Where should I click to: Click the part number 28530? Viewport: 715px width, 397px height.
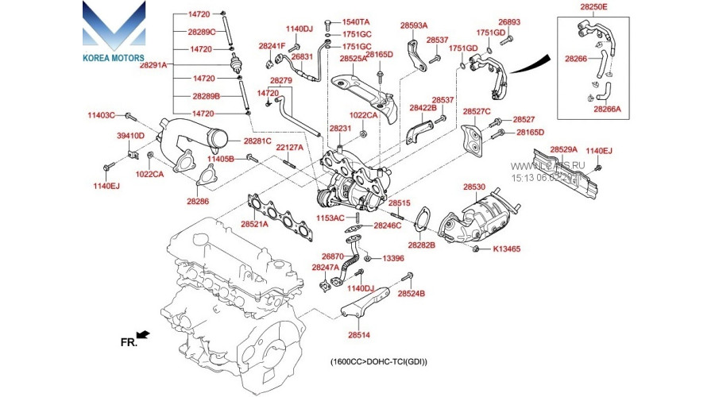pos(474,187)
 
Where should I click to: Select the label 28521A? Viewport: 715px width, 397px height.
pos(255,224)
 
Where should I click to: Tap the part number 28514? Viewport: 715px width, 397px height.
pos(358,336)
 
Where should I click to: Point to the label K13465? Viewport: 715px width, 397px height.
pos(506,249)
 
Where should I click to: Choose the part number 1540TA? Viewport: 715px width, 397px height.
pos(355,21)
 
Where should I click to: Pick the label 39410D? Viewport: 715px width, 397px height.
pos(131,136)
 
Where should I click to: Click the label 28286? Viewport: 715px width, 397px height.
pos(198,202)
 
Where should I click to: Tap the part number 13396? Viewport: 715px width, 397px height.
pos(393,258)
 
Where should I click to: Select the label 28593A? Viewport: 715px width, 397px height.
pos(414,25)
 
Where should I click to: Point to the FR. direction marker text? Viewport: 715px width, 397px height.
pos(129,342)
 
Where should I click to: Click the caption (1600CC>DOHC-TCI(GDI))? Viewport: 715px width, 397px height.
pos(379,362)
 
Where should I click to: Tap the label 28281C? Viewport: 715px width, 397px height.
pos(257,141)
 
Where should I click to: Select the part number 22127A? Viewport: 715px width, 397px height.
pos(290,148)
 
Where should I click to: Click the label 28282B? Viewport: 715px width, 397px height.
pos(422,246)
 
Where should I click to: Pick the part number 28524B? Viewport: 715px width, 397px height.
pos(412,294)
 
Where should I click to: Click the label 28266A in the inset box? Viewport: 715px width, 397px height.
pos(609,111)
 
